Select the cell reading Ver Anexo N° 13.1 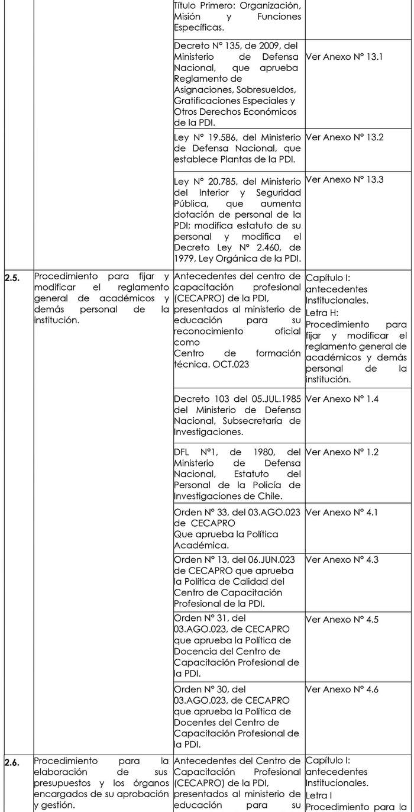[x=345, y=57]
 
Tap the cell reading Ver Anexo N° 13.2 [x=345, y=137]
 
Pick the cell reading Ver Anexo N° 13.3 [x=345, y=179]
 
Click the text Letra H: [x=321, y=312]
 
